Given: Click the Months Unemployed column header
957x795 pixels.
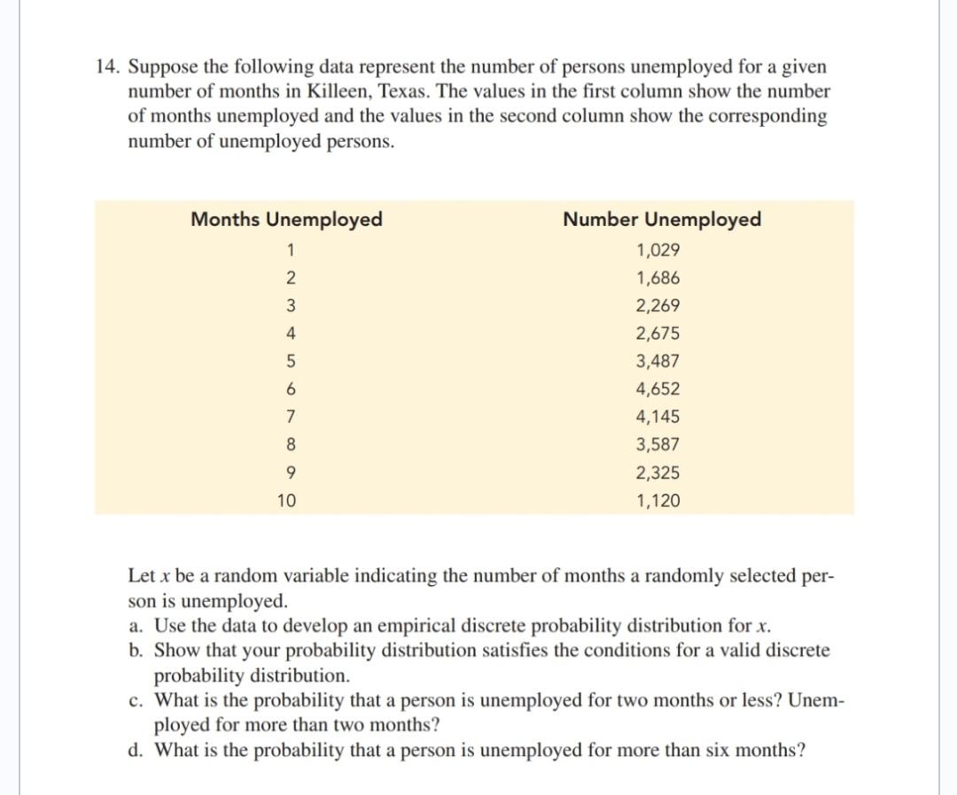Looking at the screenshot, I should pos(286,220).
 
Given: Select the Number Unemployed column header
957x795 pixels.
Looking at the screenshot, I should pos(661,220).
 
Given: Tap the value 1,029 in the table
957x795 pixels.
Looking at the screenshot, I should pos(657,250).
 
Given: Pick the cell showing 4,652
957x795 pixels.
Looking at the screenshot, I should pos(657,389).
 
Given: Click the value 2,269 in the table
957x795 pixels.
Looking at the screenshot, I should pos(657,306).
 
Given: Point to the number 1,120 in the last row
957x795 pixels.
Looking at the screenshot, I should pos(657,501).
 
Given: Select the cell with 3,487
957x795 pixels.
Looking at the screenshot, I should pos(657,362).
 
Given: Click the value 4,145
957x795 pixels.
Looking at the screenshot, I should pos(657,417).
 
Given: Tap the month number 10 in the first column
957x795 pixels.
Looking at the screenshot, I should pos(286,501).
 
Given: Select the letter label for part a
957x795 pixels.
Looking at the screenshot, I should pos(136,626).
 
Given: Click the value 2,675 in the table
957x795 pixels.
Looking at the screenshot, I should pos(657,334).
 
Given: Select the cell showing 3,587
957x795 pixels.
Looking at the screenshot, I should pos(657,445).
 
